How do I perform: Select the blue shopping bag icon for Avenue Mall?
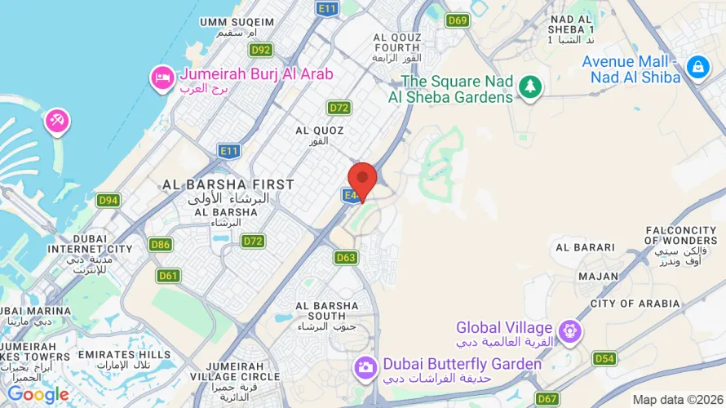pos(698,68)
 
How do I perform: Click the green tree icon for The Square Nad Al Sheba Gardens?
pos(530,87)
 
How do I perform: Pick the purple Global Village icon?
pos(570,331)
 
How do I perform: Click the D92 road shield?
pos(261,50)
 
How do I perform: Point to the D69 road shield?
pos(458,20)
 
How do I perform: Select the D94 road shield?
pos(108,200)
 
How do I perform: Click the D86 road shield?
pos(161,244)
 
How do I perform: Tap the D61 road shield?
pos(169,275)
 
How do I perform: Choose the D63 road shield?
pos(346,257)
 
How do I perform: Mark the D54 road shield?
pos(604,358)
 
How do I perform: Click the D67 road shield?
pos(548,399)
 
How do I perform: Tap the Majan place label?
pos(598,276)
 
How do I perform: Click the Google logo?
pos(38,395)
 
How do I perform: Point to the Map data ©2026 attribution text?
pos(677,399)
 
